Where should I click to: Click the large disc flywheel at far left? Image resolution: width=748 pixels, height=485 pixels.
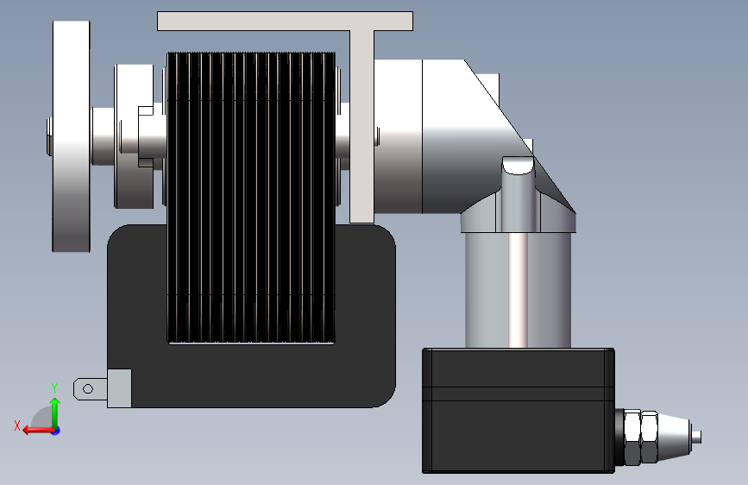(71, 136)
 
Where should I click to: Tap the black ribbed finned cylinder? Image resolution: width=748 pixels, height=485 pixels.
(251, 198)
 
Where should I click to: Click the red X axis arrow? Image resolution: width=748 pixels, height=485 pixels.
(39, 430)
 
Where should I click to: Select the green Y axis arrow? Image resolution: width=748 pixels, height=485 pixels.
(55, 413)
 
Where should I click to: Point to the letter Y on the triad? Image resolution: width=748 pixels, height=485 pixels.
(54, 387)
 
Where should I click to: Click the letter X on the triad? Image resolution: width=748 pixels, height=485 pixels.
(17, 425)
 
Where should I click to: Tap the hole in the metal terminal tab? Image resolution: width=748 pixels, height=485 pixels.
(88, 389)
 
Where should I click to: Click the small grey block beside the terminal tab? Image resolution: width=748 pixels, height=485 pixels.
(119, 388)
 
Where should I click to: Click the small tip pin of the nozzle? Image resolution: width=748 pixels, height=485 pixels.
(696, 437)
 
